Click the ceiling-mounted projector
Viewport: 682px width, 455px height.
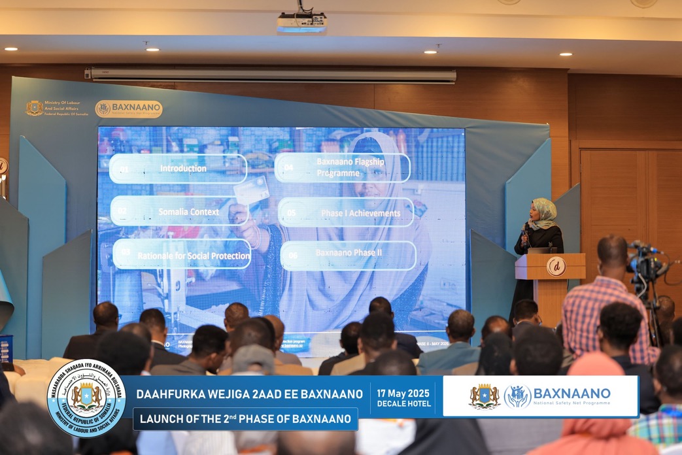coord(301,23)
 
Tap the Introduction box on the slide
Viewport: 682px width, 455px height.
coord(179,169)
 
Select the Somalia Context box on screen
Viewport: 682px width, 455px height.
coord(179,212)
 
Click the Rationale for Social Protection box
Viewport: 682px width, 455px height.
coord(182,254)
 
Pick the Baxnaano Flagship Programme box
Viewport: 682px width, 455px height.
coord(343,168)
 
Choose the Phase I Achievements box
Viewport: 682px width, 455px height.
coord(347,212)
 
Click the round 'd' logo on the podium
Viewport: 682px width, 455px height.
coord(555,267)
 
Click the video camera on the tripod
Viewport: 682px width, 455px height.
coord(643,261)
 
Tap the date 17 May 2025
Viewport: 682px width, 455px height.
coord(403,393)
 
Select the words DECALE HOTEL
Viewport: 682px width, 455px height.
coord(403,404)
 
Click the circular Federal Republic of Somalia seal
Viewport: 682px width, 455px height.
coord(86,397)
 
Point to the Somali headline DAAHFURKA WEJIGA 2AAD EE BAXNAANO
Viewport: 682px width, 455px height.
coord(249,394)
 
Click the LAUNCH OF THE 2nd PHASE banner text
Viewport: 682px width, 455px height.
coord(245,419)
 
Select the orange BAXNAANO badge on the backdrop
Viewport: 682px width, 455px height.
coord(129,109)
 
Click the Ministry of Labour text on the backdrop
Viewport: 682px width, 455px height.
coord(66,108)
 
